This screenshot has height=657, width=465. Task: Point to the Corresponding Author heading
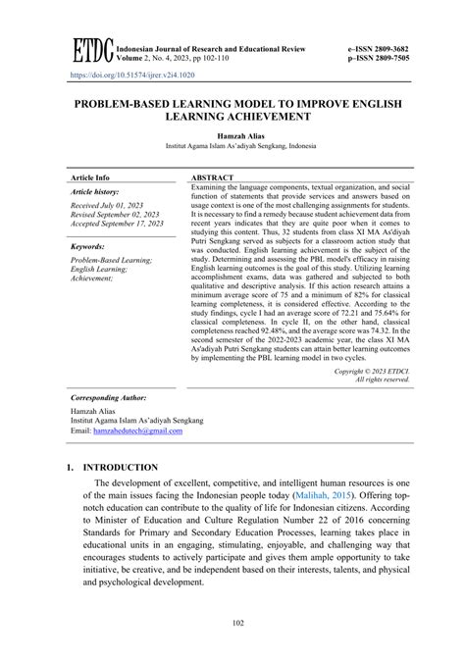[x=113, y=399]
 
